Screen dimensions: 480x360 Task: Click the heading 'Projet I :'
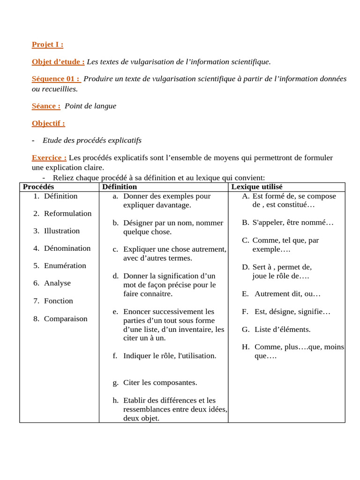point(47,45)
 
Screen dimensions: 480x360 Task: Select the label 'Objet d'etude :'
point(58,62)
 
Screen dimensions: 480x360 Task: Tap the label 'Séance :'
point(46,106)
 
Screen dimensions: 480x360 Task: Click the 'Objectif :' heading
point(48,123)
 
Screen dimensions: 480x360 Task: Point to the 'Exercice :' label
point(49,157)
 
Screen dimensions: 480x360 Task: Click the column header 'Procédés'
point(38,187)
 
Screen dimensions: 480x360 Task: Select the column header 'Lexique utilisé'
point(257,187)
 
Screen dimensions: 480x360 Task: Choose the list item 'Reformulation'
point(67,213)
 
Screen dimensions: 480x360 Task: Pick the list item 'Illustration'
point(62,231)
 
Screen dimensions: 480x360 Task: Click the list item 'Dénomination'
point(67,248)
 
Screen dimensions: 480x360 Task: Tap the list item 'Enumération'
point(65,265)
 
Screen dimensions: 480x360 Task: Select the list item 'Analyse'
point(57,283)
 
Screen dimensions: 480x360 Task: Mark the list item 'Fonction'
point(58,300)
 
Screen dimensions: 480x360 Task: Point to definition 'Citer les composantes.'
point(160,382)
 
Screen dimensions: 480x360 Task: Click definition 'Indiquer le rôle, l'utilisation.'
point(170,356)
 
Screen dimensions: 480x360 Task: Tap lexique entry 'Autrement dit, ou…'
point(287,294)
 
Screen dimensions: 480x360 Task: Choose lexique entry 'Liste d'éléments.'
point(282,330)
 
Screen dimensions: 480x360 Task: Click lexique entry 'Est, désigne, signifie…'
point(292,311)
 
